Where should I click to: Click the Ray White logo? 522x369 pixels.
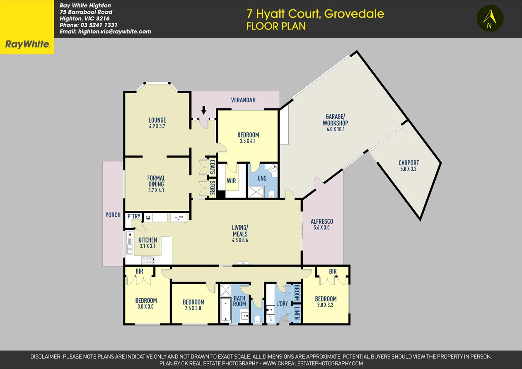click(27, 44)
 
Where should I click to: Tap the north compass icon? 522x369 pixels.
click(490, 19)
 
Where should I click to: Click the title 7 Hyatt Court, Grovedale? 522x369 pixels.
click(315, 14)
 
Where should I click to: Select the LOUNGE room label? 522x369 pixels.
click(157, 120)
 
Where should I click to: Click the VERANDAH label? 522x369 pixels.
click(243, 100)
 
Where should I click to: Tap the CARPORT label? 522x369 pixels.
click(408, 163)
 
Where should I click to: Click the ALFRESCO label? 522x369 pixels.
click(322, 222)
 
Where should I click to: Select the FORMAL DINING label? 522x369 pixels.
click(156, 181)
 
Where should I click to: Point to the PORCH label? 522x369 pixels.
click(113, 215)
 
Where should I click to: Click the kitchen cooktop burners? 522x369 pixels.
click(148, 260)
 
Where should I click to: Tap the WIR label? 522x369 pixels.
click(231, 181)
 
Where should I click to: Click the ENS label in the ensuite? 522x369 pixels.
click(262, 178)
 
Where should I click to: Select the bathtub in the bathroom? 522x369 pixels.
click(225, 310)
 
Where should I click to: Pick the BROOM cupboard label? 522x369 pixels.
click(297, 293)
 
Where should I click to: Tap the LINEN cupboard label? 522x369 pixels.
click(297, 314)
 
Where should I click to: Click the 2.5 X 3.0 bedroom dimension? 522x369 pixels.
click(193, 308)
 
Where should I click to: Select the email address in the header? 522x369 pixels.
click(105, 31)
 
